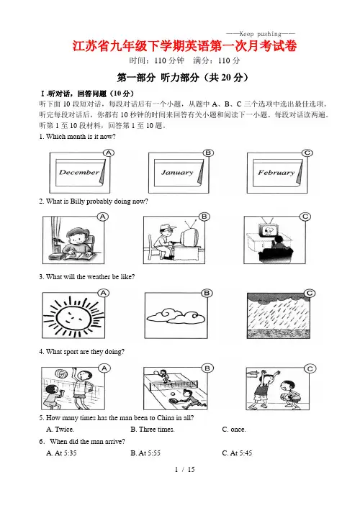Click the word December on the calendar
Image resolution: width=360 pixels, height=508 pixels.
pos(79,172)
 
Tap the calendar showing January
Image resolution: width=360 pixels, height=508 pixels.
pos(179,173)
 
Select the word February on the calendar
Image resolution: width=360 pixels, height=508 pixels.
pos(276,173)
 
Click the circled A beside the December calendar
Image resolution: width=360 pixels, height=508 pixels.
pos(108,153)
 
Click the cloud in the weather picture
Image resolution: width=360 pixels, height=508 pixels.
pos(176,316)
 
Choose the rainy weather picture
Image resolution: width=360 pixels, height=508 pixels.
pos(278,316)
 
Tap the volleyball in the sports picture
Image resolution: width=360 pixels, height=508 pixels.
pos(60,373)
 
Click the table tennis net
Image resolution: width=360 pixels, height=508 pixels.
pos(174,385)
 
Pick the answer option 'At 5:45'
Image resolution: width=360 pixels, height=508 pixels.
pos(237,453)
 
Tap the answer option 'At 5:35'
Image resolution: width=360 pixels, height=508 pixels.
pos(61,453)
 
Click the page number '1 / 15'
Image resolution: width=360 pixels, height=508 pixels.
pos(184,469)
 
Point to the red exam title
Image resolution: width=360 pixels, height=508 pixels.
pos(184,46)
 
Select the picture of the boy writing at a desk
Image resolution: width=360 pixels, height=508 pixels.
pos(73,240)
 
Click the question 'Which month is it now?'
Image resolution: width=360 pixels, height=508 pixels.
pos(77,137)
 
